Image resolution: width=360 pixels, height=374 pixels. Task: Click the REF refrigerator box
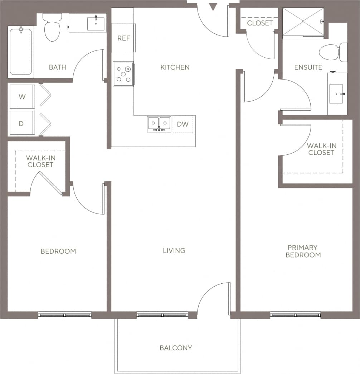pyautogui.click(x=123, y=38)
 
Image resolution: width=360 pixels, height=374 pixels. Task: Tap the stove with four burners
pyautogui.click(x=123, y=74)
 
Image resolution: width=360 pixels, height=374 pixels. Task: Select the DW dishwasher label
pyautogui.click(x=183, y=124)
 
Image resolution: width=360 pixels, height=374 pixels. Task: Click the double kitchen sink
pyautogui.click(x=159, y=124)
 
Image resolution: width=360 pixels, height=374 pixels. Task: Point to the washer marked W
pyautogui.click(x=22, y=96)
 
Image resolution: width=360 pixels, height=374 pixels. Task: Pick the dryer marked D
pyautogui.click(x=21, y=123)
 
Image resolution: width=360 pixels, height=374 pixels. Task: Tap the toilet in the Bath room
pyautogui.click(x=52, y=28)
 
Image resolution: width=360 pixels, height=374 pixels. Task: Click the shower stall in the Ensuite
pyautogui.click(x=303, y=22)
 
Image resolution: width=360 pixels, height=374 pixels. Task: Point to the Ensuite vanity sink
pyautogui.click(x=337, y=94)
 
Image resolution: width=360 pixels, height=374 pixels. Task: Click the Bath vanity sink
pyautogui.click(x=96, y=23)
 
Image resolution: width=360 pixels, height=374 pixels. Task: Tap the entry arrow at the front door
pyautogui.click(x=213, y=6)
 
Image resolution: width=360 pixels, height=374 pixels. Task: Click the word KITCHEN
pyautogui.click(x=175, y=67)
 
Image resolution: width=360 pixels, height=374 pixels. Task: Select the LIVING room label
pyautogui.click(x=174, y=250)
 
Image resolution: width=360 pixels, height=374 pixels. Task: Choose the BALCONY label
pyautogui.click(x=176, y=348)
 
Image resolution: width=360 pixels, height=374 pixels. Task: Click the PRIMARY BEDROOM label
pyautogui.click(x=303, y=251)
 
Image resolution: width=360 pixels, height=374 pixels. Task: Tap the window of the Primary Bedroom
pyautogui.click(x=295, y=315)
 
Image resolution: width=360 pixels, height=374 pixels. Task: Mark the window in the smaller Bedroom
pyautogui.click(x=65, y=315)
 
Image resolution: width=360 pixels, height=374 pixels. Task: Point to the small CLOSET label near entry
pyautogui.click(x=260, y=23)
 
